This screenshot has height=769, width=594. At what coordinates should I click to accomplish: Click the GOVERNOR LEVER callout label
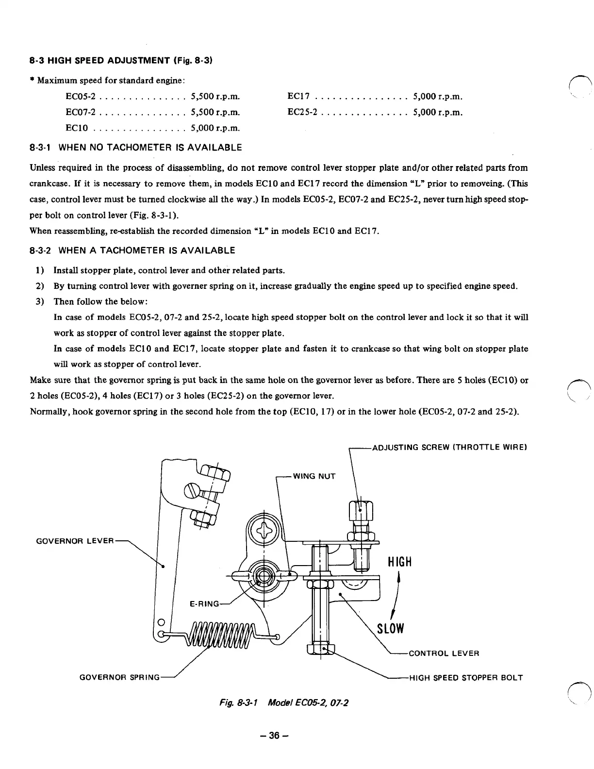click(75, 541)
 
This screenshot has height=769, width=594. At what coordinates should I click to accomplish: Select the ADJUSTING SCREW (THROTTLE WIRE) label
click(449, 447)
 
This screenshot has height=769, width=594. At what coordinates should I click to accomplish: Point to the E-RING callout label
click(204, 604)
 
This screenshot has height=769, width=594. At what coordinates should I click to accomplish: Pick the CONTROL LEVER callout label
click(444, 653)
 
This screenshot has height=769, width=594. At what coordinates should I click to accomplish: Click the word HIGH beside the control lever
click(399, 562)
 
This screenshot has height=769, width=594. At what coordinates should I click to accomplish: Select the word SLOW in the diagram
click(391, 628)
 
